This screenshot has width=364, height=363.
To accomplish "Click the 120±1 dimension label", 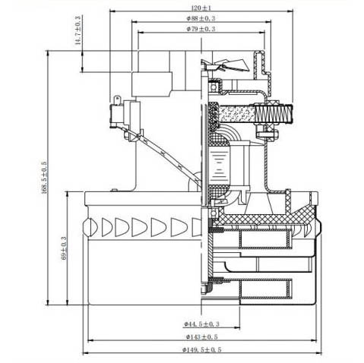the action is pyautogui.click(x=201, y=8).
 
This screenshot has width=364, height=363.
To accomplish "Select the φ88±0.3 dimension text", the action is pyautogui.click(x=201, y=18).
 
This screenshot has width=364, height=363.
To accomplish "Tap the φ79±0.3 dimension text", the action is pyautogui.click(x=201, y=29).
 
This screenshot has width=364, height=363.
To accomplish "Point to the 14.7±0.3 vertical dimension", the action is pyautogui.click(x=78, y=30).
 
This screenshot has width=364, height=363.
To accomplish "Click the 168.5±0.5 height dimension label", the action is pyautogui.click(x=44, y=177).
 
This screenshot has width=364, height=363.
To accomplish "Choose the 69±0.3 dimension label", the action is pyautogui.click(x=63, y=248).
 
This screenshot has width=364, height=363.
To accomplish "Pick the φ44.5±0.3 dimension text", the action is pyautogui.click(x=201, y=324).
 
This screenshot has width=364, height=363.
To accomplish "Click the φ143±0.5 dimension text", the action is pyautogui.click(x=201, y=336).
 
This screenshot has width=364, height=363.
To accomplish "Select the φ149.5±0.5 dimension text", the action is pyautogui.click(x=202, y=349).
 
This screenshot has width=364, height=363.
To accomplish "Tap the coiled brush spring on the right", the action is pyautogui.click(x=274, y=114).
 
